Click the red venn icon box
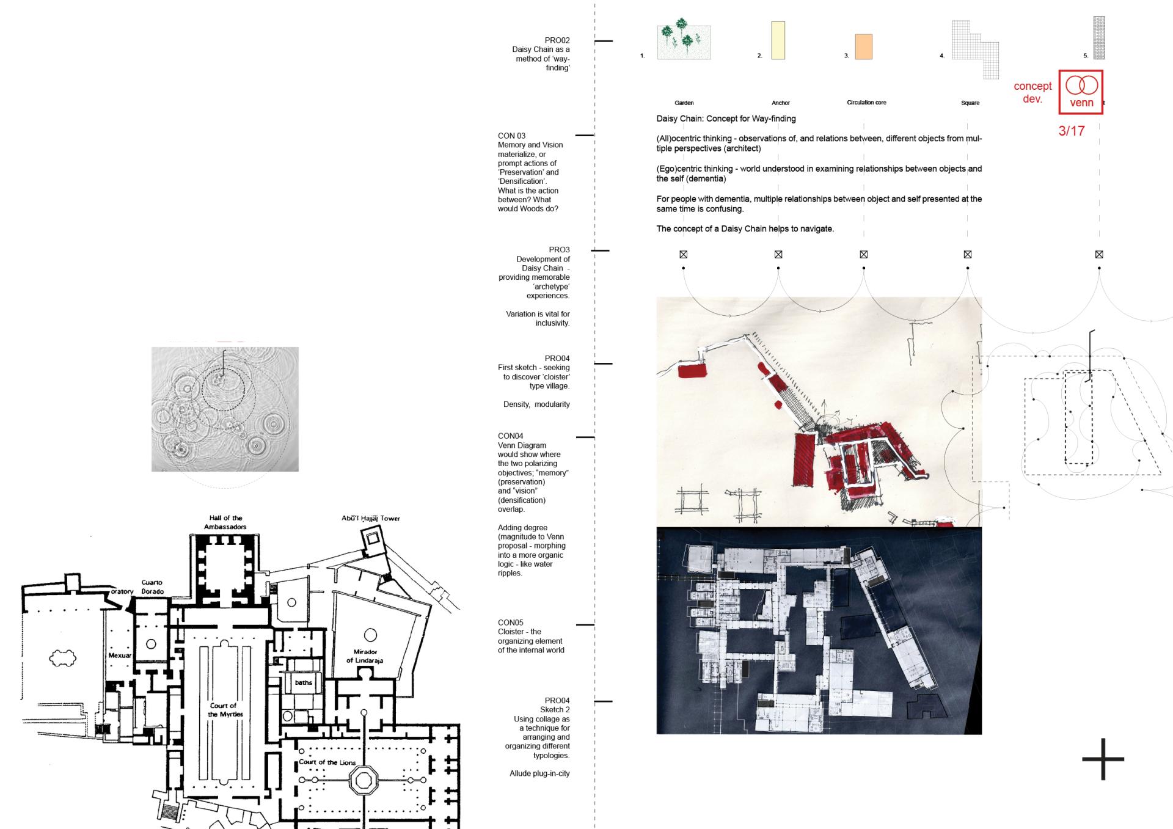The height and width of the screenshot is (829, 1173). (1081, 92)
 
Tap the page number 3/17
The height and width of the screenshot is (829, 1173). (1072, 131)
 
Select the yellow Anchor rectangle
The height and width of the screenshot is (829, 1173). (778, 40)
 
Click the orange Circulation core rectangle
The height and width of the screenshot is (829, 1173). (863, 47)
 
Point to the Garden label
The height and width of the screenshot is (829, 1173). (684, 103)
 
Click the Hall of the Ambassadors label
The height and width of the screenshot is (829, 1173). (225, 522)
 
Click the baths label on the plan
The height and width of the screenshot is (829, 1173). (304, 682)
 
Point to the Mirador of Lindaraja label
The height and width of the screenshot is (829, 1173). (365, 656)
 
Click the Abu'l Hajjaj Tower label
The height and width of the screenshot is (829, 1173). (371, 519)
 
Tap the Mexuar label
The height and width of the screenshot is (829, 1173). (120, 656)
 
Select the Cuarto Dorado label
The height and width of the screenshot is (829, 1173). (152, 587)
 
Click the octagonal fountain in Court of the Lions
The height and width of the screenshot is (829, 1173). (364, 781)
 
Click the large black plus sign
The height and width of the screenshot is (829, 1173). (1103, 759)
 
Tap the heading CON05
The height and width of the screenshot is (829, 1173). (511, 623)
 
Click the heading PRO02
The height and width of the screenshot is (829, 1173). (557, 40)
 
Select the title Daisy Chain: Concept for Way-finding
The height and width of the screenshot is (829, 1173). (726, 119)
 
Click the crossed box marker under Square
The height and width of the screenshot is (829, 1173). (968, 254)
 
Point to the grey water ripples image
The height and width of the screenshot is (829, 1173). (225, 409)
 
